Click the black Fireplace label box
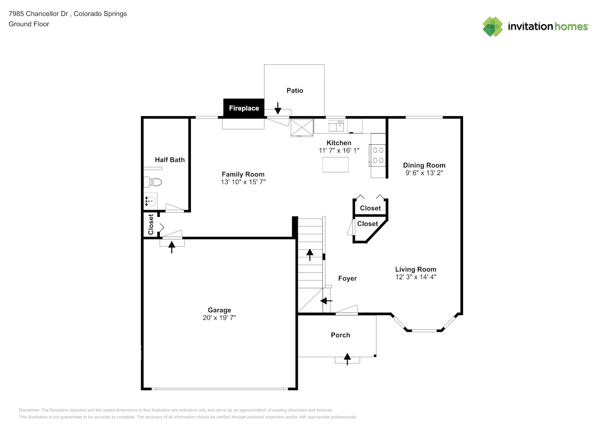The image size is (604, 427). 243,108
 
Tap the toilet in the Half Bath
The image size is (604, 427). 153,182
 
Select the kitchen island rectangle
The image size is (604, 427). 335,165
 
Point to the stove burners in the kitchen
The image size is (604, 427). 378,155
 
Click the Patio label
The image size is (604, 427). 295,91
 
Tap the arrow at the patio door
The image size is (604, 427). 278,108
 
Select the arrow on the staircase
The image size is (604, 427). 310,255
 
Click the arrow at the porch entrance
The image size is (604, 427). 347,359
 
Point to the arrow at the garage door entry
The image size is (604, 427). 172,247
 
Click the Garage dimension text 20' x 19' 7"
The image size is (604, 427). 219,318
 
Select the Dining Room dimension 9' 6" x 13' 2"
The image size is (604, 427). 424,173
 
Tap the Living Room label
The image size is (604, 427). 416,269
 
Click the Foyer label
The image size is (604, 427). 347,278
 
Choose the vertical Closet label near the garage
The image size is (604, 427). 151,224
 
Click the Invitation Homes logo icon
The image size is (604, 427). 493,26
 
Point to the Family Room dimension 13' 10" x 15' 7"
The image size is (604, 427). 243,182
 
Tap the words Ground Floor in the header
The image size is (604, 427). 29,24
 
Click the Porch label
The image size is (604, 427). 340,335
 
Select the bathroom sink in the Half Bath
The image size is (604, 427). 150,200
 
